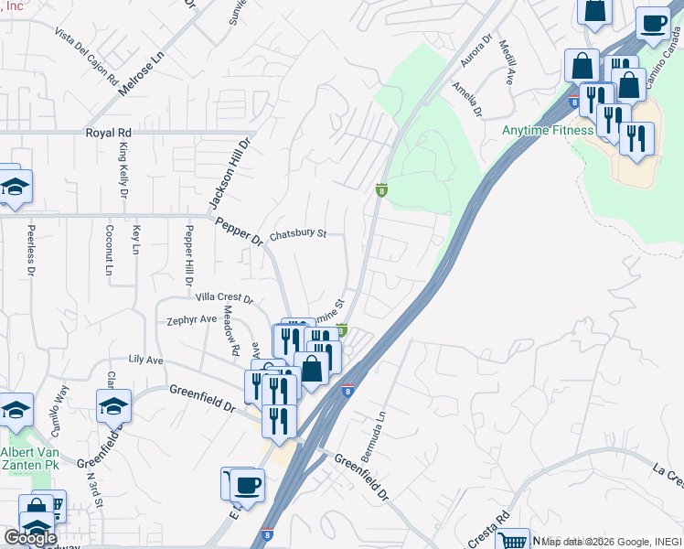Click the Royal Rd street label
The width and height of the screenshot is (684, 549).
tap(110, 133)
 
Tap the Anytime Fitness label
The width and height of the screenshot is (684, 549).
tap(548, 130)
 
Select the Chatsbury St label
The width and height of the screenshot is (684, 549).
tap(298, 234)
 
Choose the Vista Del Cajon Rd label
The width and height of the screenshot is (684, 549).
tap(87, 56)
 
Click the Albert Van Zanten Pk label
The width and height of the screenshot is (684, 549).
tap(29, 459)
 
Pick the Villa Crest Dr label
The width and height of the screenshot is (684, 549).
tap(223, 297)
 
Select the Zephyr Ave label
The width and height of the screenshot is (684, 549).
tap(191, 320)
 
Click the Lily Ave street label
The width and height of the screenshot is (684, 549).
tap(145, 361)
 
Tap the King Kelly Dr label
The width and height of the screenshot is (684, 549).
tap(123, 170)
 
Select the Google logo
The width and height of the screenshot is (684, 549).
tap(30, 538)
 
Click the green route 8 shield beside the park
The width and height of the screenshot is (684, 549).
tap(381, 190)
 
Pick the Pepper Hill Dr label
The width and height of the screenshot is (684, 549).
tap(189, 253)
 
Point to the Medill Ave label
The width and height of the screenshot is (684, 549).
tap(506, 65)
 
